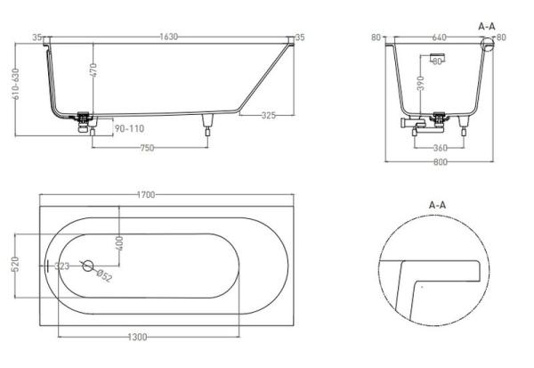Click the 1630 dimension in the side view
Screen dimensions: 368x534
(168, 37)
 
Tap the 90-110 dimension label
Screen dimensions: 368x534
(129, 128)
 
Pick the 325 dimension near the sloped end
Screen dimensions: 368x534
(274, 116)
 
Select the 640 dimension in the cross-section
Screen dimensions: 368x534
(439, 37)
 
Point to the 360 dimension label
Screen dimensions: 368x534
(439, 148)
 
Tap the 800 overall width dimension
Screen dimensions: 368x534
(439, 161)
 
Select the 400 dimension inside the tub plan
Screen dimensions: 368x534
(119, 241)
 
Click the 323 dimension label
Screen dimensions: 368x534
(62, 266)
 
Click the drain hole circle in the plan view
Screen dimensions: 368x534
(87, 265)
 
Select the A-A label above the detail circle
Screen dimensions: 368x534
(437, 204)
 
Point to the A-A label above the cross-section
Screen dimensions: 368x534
(487, 27)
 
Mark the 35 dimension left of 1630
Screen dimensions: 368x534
(37, 37)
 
